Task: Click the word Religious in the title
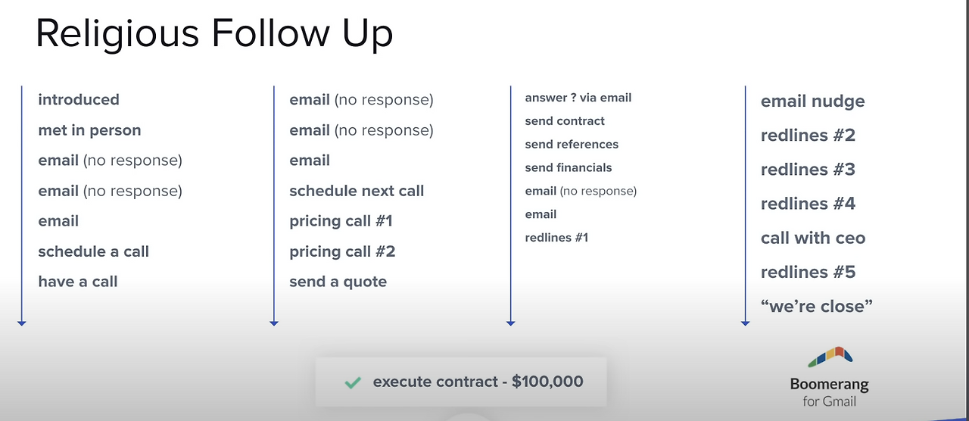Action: point(117,34)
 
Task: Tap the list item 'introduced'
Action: point(79,99)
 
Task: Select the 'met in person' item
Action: point(89,130)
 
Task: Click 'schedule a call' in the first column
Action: point(93,251)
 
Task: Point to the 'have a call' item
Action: point(78,282)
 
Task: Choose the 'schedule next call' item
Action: point(357,191)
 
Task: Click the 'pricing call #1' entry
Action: point(341,221)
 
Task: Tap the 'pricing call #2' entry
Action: point(342,251)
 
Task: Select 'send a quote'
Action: point(338,282)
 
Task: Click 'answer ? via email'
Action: point(578,98)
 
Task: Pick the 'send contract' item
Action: point(565,121)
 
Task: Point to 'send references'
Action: point(572,145)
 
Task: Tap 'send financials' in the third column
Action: point(569,168)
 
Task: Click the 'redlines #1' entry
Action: point(556,238)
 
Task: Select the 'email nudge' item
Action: point(813,101)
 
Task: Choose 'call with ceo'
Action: point(813,238)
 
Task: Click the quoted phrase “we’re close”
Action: point(817,307)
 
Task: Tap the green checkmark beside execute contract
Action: point(353,382)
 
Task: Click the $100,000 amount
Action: point(547,381)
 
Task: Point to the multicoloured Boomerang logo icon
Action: point(830,357)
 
